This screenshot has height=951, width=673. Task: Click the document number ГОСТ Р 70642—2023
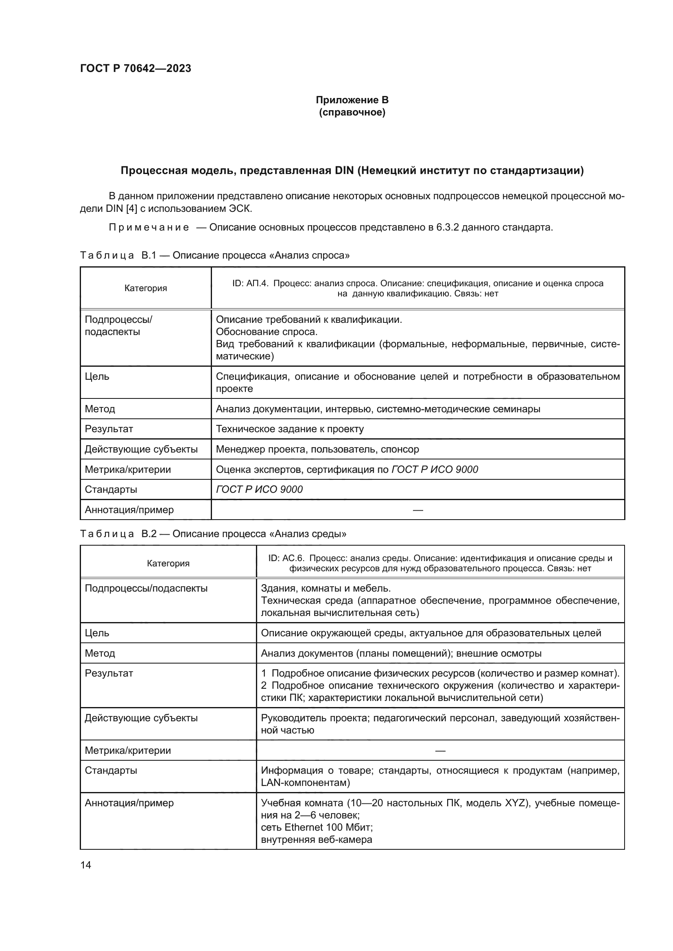pos(135,68)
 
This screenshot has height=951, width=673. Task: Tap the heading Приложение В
pos(352,100)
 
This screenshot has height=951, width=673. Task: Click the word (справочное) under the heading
pos(352,112)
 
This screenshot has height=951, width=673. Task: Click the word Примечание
pos(149,227)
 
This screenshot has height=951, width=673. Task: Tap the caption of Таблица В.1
pos(215,255)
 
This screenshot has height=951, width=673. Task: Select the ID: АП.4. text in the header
pos(250,283)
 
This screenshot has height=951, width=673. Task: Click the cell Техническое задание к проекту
pos(290,429)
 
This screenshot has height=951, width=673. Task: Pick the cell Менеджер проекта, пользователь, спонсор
pos(317,449)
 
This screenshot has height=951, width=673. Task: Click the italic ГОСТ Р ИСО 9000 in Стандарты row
pos(259,489)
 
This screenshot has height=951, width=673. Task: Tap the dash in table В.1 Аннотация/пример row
pos(418,510)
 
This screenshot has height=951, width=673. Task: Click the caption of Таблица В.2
pos(213,534)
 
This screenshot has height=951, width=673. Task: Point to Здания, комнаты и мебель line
pos(326,588)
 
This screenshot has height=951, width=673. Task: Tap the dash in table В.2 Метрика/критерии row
pos(440,750)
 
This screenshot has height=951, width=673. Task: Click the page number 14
pos(86,865)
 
